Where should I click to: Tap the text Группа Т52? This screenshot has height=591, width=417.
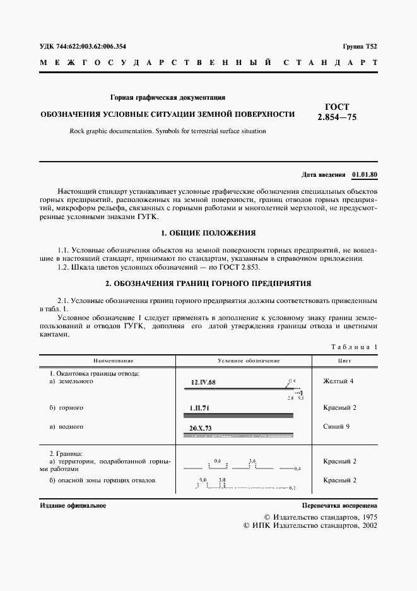click(360, 47)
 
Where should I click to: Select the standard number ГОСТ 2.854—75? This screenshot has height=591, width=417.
click(337, 112)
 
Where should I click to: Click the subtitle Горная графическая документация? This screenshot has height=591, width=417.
click(168, 98)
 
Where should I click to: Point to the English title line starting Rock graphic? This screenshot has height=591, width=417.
click(163, 131)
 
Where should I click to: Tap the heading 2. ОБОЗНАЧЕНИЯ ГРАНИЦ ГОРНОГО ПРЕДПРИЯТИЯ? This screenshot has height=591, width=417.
click(208, 283)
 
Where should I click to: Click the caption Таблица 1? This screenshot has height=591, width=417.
click(353, 347)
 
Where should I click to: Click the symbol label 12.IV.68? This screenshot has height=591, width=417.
click(203, 383)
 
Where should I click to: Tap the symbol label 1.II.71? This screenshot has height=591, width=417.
click(200, 408)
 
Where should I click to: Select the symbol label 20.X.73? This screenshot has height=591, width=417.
click(201, 428)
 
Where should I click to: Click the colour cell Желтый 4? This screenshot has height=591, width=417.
click(338, 381)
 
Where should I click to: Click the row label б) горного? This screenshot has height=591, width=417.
click(66, 408)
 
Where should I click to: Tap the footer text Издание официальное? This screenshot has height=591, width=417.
click(73, 506)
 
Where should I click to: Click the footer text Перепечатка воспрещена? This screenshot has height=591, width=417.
click(339, 506)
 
